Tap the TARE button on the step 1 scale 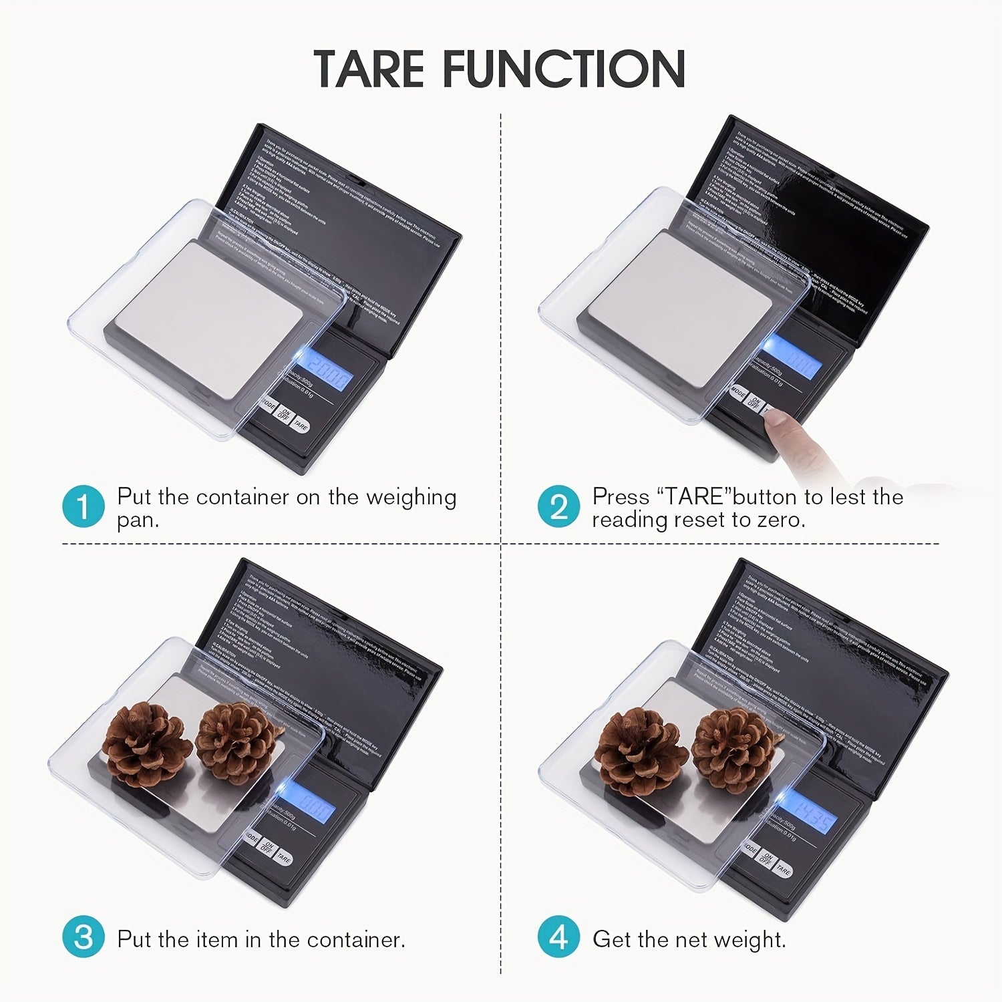coord(301,426)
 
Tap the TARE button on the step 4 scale coord(784,870)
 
